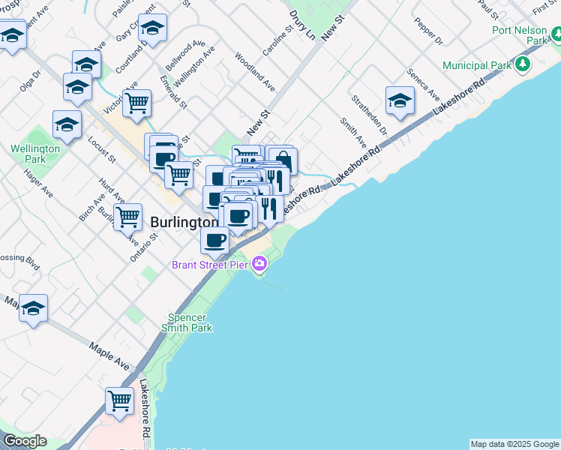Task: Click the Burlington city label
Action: pyautogui.click(x=184, y=223)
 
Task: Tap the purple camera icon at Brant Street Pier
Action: pyautogui.click(x=259, y=263)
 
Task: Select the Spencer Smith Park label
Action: pyautogui.click(x=187, y=322)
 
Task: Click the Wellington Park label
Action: pyautogui.click(x=35, y=154)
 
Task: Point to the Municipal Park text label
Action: pyautogui.click(x=477, y=66)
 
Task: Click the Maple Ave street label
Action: pyautogui.click(x=109, y=355)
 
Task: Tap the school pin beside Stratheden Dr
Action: pyautogui.click(x=400, y=101)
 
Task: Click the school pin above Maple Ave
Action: pyautogui.click(x=33, y=308)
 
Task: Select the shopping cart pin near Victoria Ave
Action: pyautogui.click(x=136, y=103)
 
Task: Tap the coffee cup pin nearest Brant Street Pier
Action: pyautogui.click(x=215, y=241)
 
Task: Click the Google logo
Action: pyautogui.click(x=25, y=441)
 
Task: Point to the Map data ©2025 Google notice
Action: pyautogui.click(x=514, y=444)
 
